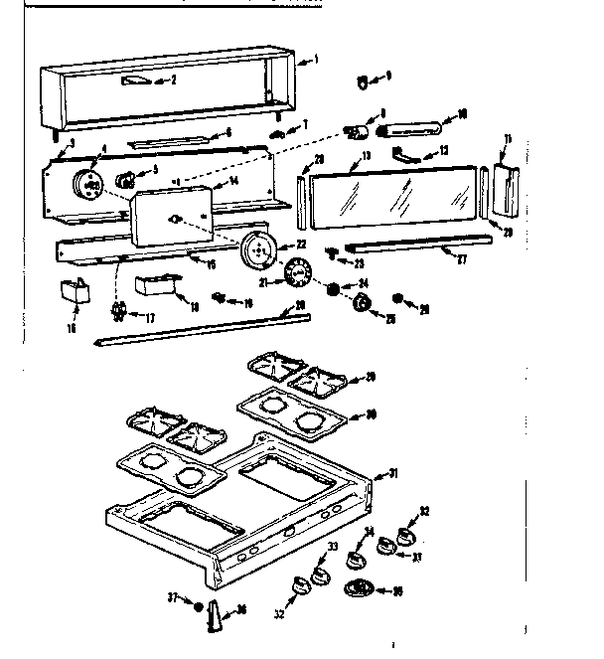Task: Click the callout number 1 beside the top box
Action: [315, 60]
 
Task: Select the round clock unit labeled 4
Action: [90, 185]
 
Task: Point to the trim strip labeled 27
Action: [417, 244]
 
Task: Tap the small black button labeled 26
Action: [398, 298]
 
